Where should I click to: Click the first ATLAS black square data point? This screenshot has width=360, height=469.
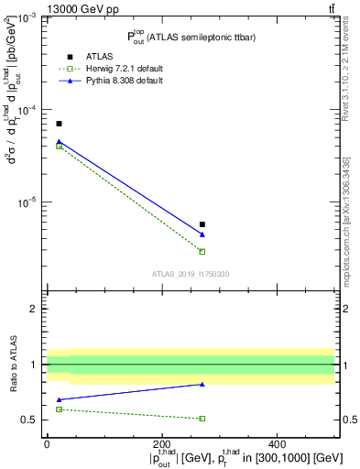pos(60,124)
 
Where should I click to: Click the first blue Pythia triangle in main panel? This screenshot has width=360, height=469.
pos(60,142)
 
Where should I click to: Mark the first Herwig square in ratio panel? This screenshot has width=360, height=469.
pos(60,409)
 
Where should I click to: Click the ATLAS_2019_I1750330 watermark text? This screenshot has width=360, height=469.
pos(191,274)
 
